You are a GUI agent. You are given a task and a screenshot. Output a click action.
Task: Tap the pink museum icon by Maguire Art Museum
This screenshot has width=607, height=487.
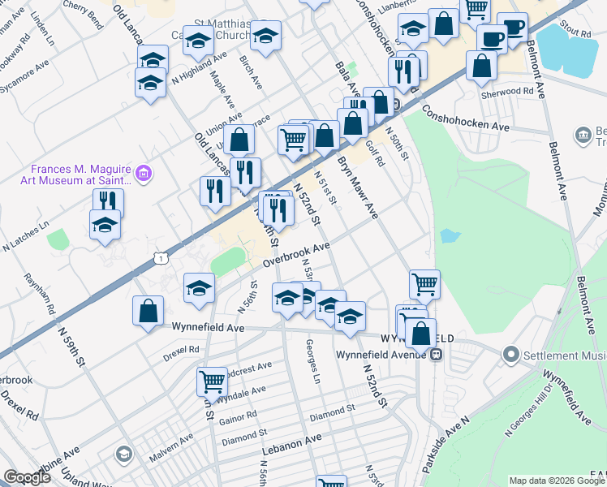(144, 173)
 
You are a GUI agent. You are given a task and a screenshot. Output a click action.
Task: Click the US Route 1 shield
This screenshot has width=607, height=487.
(161, 258)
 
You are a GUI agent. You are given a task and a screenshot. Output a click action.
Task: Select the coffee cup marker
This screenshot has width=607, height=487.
(493, 37)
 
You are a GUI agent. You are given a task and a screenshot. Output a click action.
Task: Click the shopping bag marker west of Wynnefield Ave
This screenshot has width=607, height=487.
(148, 311)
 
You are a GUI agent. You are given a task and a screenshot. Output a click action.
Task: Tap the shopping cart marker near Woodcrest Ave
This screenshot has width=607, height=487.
(212, 380)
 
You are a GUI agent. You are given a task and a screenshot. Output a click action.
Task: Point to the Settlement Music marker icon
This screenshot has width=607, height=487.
(510, 355)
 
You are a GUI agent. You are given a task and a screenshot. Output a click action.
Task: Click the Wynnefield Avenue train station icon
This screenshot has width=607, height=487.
(437, 354)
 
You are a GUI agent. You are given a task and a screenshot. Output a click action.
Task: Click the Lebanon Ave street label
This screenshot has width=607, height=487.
(291, 443)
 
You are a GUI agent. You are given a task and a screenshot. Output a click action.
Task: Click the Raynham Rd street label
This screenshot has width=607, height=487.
(50, 294)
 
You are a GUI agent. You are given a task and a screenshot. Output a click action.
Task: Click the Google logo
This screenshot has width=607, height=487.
(27, 477)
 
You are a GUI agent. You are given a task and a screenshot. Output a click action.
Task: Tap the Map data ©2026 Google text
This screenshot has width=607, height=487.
(556, 481)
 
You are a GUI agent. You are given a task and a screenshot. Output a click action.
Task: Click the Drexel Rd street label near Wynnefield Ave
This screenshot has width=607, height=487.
(181, 349)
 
